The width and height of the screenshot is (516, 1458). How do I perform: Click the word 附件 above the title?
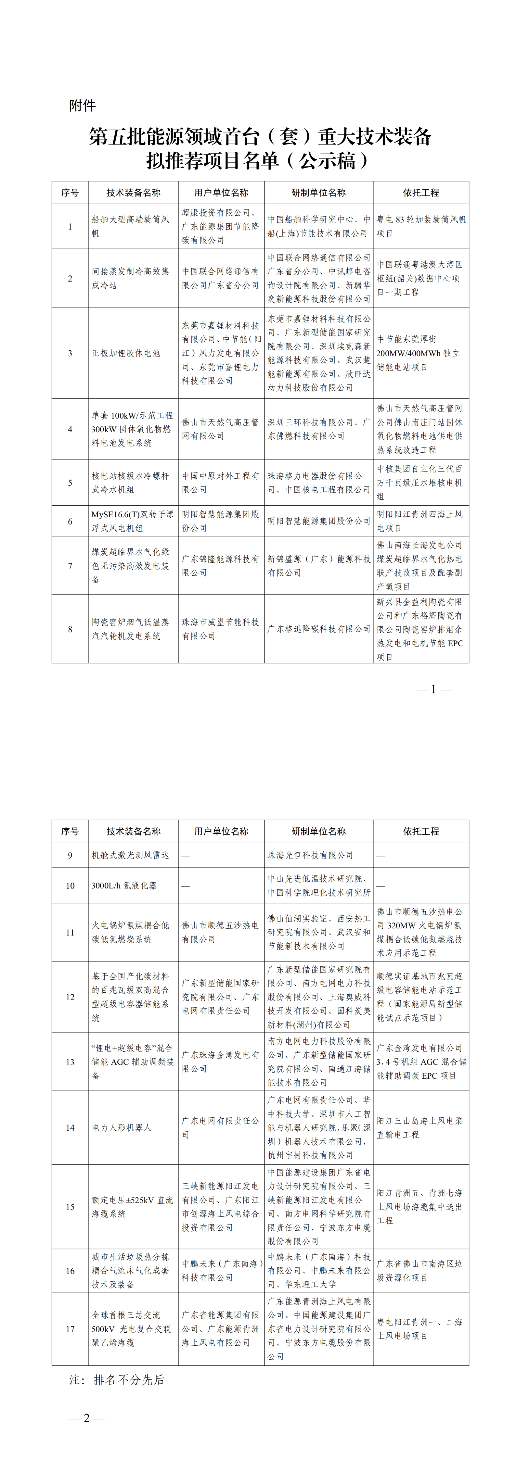83,106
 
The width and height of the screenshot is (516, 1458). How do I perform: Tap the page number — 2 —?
87,1418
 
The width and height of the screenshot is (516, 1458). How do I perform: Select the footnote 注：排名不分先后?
117,1380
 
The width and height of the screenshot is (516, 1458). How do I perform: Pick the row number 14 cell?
70,1127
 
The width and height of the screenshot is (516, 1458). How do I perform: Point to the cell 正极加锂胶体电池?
126,353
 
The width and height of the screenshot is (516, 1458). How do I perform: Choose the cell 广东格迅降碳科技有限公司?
319,629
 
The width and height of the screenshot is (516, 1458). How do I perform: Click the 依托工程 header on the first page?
421,193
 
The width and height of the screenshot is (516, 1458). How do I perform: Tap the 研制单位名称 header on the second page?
319,831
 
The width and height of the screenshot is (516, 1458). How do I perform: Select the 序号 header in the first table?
70,193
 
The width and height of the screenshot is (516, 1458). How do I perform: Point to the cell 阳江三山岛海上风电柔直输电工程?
420,1127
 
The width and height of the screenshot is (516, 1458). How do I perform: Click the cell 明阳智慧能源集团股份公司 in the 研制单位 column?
319,521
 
